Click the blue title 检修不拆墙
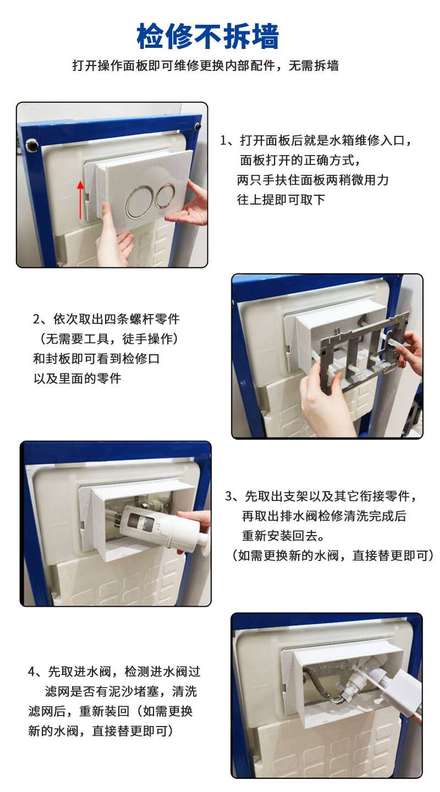207,36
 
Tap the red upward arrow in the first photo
81,200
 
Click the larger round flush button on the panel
141,202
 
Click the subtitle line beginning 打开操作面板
206,66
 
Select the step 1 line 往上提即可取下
281,200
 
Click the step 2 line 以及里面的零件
78,378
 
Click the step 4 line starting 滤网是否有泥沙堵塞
120,691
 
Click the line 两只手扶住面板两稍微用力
312,180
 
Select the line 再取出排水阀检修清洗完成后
324,516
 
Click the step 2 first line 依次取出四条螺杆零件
107,319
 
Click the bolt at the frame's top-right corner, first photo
197,126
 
